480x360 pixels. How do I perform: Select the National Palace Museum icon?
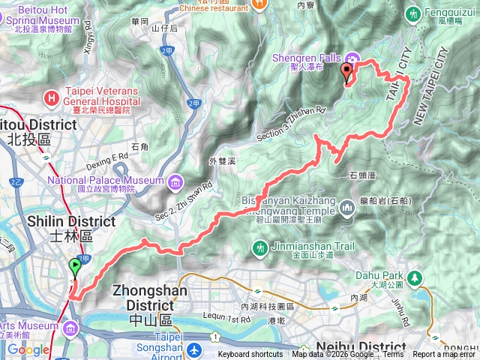pos(174,181)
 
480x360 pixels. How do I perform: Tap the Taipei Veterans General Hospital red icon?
pos(51,97)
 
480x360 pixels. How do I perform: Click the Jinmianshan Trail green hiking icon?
pos(259,247)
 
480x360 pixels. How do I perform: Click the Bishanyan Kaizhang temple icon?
pos(346,207)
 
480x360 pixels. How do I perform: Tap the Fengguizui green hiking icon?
pos(412,13)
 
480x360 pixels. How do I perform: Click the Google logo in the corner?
pos(28,349)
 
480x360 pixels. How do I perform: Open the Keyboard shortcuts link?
pos(251,355)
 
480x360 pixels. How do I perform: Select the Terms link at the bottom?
pos(393,355)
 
